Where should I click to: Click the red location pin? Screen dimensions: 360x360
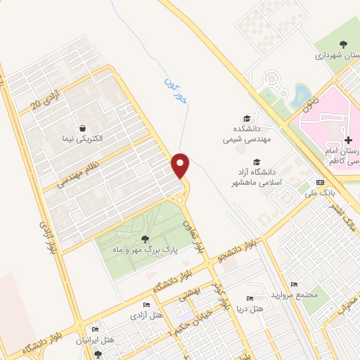(x=181, y=165)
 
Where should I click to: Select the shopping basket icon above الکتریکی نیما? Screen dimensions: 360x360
(x=84, y=129)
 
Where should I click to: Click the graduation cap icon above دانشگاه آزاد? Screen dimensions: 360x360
(x=247, y=162)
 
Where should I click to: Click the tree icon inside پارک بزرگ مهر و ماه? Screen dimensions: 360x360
(x=145, y=239)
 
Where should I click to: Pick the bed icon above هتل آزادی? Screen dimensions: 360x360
(x=146, y=304)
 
